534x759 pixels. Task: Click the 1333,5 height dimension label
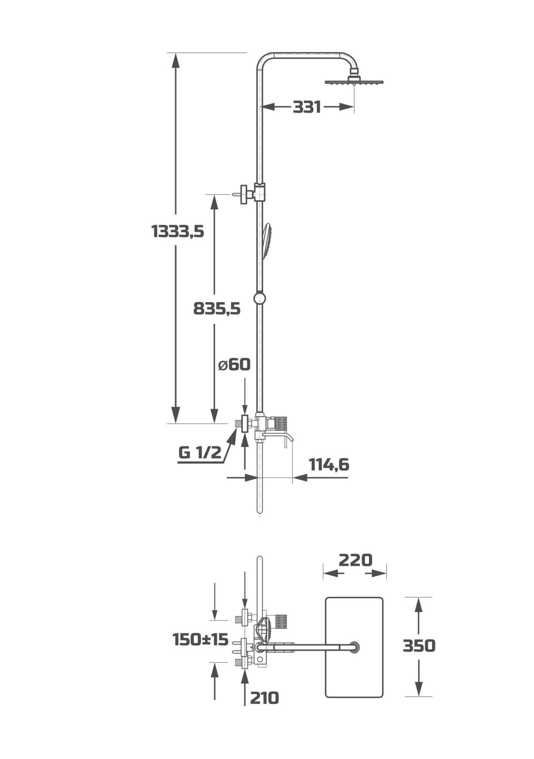[x=177, y=231]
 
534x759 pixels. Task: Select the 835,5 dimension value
[x=216, y=309]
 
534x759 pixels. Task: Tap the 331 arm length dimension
[x=307, y=107]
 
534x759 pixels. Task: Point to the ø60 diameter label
[x=234, y=364]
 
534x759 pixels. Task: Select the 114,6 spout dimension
[x=329, y=465]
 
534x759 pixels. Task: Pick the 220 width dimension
[x=355, y=560]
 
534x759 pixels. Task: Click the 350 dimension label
[x=419, y=646]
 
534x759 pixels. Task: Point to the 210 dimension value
[x=264, y=698]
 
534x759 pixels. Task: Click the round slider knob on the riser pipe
[x=259, y=298]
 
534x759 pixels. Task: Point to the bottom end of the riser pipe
[x=259, y=512]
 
